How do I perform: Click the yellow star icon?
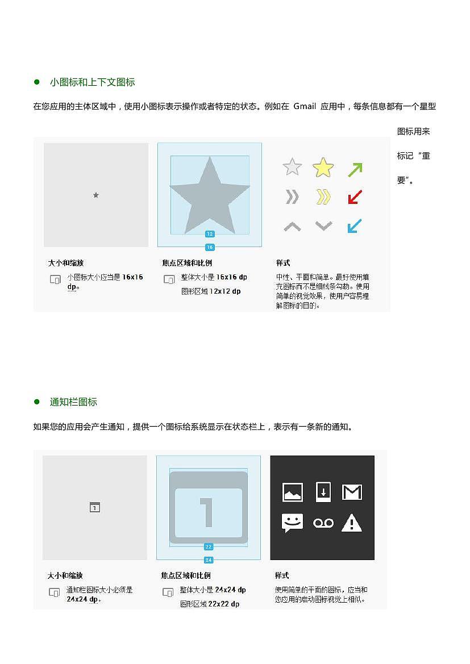323,168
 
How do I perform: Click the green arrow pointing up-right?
355,169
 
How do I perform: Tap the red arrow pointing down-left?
355,197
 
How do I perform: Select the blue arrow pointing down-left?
355,226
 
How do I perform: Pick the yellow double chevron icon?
323,197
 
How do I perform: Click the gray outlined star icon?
292,167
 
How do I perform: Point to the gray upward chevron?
292,227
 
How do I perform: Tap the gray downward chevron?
323,226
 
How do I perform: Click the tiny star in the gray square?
95,195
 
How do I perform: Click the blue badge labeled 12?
210,234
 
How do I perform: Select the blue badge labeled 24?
209,560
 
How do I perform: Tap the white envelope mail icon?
352,492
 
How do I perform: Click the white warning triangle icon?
352,523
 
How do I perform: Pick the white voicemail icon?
323,523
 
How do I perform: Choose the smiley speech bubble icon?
292,523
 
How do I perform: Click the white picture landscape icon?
293,492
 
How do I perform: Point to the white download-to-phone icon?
323,491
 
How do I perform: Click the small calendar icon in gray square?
95,507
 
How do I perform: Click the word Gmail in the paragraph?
305,106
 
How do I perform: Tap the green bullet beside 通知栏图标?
37,402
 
